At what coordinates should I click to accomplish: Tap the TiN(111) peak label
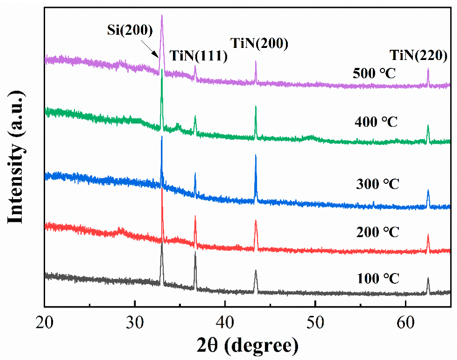tap(198, 56)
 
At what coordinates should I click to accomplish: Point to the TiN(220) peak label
tap(418, 56)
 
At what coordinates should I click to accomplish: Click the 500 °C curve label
tap(376, 73)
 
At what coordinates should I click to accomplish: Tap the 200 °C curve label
tap(376, 232)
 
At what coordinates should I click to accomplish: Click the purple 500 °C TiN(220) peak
tap(428, 70)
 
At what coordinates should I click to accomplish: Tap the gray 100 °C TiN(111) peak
tap(195, 253)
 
